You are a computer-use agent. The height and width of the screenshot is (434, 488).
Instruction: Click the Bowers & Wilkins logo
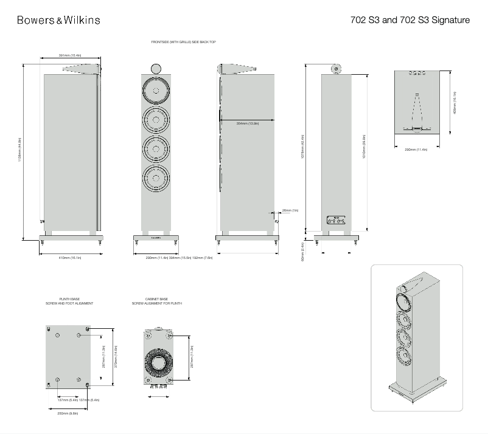[58, 20]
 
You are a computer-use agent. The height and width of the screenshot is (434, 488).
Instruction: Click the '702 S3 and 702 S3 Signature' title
[410, 20]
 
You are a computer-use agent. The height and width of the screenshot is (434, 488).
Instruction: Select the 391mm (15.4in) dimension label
[70, 55]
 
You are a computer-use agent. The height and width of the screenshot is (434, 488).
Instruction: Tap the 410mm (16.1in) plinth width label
[70, 258]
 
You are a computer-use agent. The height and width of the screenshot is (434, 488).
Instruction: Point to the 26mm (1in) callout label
[290, 210]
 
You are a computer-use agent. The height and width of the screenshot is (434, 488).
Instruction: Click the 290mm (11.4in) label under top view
[416, 149]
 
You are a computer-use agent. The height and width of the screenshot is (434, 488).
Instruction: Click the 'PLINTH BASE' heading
[69, 299]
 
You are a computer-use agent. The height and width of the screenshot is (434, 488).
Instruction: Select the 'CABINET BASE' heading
[156, 299]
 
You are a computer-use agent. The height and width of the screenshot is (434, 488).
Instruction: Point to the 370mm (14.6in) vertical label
[115, 357]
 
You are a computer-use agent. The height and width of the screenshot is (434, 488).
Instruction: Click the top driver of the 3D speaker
[404, 301]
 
